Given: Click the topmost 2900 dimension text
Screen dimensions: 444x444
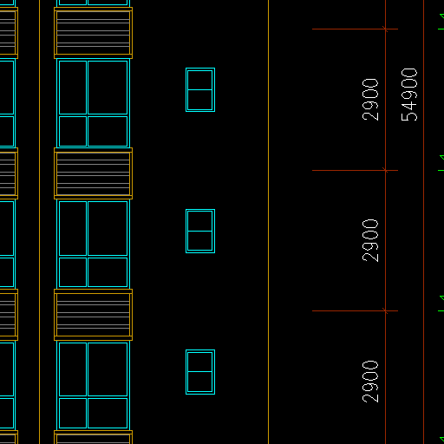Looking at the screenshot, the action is point(370,100).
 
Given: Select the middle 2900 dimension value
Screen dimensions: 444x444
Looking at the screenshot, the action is point(370,240).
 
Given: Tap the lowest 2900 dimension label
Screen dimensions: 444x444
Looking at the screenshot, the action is point(370,382).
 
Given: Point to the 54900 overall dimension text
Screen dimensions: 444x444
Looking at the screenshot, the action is point(409,95).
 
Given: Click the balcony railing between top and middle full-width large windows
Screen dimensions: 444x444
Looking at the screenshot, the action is point(93,173).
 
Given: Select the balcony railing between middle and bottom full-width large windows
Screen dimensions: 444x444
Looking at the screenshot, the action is point(93,315).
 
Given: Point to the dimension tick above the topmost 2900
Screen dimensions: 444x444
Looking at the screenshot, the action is point(385,29).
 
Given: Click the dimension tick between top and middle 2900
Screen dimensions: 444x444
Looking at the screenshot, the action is point(385,170).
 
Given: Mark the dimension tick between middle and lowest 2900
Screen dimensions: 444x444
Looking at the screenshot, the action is point(385,310).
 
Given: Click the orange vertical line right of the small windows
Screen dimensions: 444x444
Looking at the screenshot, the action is point(268,222).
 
